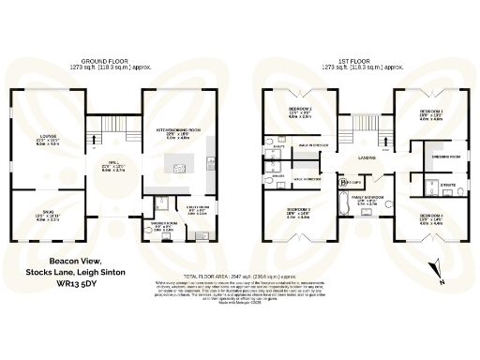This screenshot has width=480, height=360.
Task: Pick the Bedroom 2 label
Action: tap(300, 113)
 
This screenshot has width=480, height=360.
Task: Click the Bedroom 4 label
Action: tap(430, 219)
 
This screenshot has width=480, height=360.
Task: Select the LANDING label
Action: tap(366, 158)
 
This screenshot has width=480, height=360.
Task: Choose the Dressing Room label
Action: tap(438, 157)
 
